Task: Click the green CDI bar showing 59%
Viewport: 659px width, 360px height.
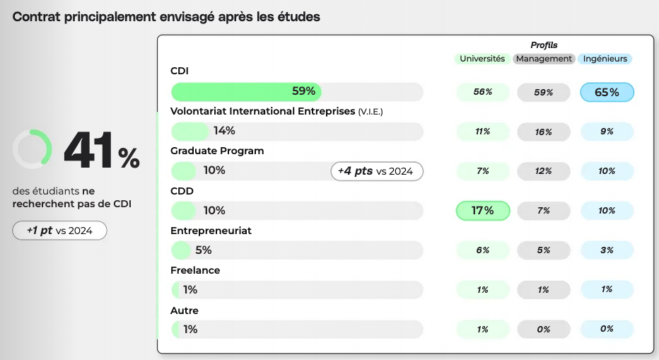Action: point(246,91)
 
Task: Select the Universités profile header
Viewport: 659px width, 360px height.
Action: point(482,59)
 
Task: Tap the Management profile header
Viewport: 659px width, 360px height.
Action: point(544,59)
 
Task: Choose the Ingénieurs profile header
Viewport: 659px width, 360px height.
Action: point(605,59)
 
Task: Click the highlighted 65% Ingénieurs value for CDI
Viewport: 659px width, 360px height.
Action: point(607,92)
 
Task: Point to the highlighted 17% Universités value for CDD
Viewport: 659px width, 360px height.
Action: point(483,210)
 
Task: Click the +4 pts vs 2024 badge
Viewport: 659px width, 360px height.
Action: point(377,171)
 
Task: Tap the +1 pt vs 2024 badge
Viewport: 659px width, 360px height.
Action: point(60,231)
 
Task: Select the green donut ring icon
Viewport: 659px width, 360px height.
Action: point(33,149)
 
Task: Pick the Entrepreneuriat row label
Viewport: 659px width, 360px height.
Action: point(211,231)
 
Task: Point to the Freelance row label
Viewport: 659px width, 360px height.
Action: point(195,270)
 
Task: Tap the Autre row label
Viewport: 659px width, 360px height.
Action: point(185,310)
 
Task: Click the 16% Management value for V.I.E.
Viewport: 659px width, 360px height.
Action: point(544,132)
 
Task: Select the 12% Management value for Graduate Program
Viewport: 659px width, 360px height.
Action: point(544,171)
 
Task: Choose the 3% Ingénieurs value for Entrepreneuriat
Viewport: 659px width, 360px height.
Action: point(607,250)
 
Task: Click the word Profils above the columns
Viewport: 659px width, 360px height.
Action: point(544,45)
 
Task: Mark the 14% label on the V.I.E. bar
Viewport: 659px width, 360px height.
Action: point(224,131)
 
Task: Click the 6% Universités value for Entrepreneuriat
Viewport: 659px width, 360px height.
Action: point(483,250)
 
